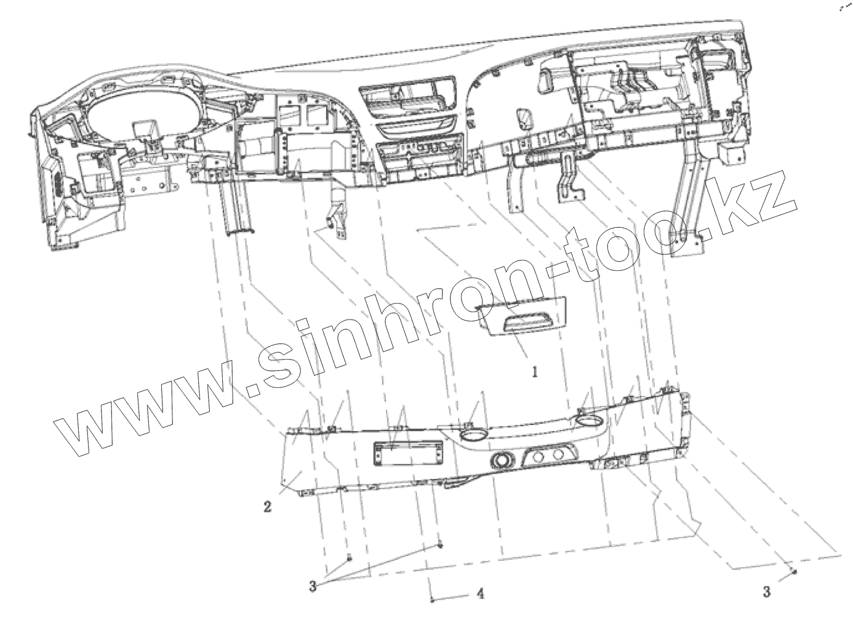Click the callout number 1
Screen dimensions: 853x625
click(x=535, y=372)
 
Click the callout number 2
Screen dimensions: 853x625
click(x=268, y=507)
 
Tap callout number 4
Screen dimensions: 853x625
click(x=480, y=594)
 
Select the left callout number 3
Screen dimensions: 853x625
click(x=313, y=586)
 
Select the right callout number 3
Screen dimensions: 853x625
click(x=766, y=592)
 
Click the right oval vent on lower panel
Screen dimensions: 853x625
click(x=588, y=422)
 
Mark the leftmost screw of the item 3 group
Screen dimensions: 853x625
click(x=349, y=557)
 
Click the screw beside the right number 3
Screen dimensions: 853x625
click(x=795, y=571)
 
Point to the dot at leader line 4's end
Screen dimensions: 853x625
click(x=433, y=600)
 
